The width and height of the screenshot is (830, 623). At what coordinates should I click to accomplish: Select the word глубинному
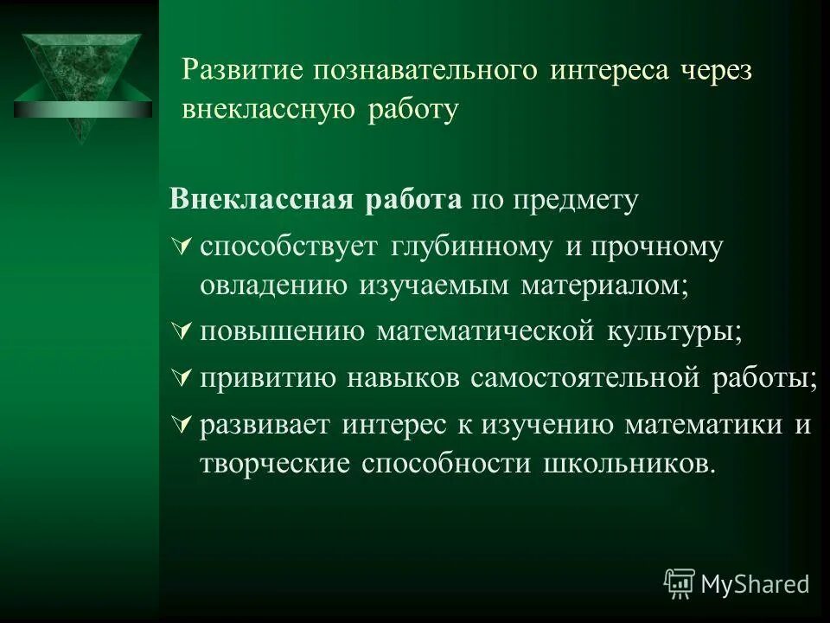[470, 247]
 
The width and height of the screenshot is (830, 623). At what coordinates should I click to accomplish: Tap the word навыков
[404, 378]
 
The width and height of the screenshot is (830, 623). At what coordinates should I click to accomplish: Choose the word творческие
[274, 463]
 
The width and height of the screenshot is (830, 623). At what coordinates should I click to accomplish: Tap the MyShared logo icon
[679, 584]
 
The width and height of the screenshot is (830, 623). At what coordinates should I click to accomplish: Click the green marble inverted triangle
[80, 82]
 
